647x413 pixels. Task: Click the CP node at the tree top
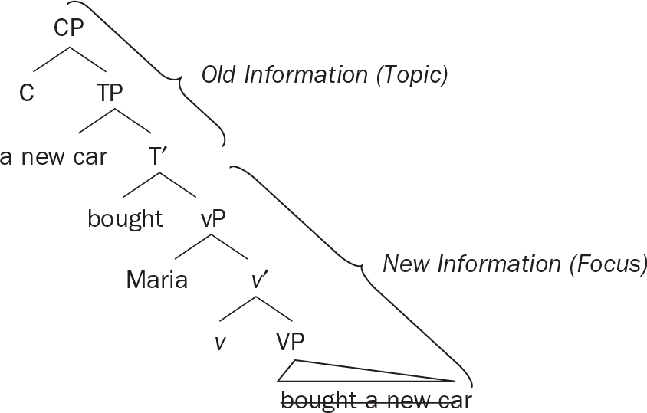pos(69,29)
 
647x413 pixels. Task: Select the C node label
pos(28,93)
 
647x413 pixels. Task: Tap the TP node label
pos(116,93)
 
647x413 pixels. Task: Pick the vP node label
pos(213,219)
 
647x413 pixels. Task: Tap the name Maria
pos(157,280)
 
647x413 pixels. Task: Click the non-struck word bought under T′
pos(125,219)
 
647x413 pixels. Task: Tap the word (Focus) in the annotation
pos(610,264)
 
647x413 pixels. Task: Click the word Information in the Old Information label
pos(305,75)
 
